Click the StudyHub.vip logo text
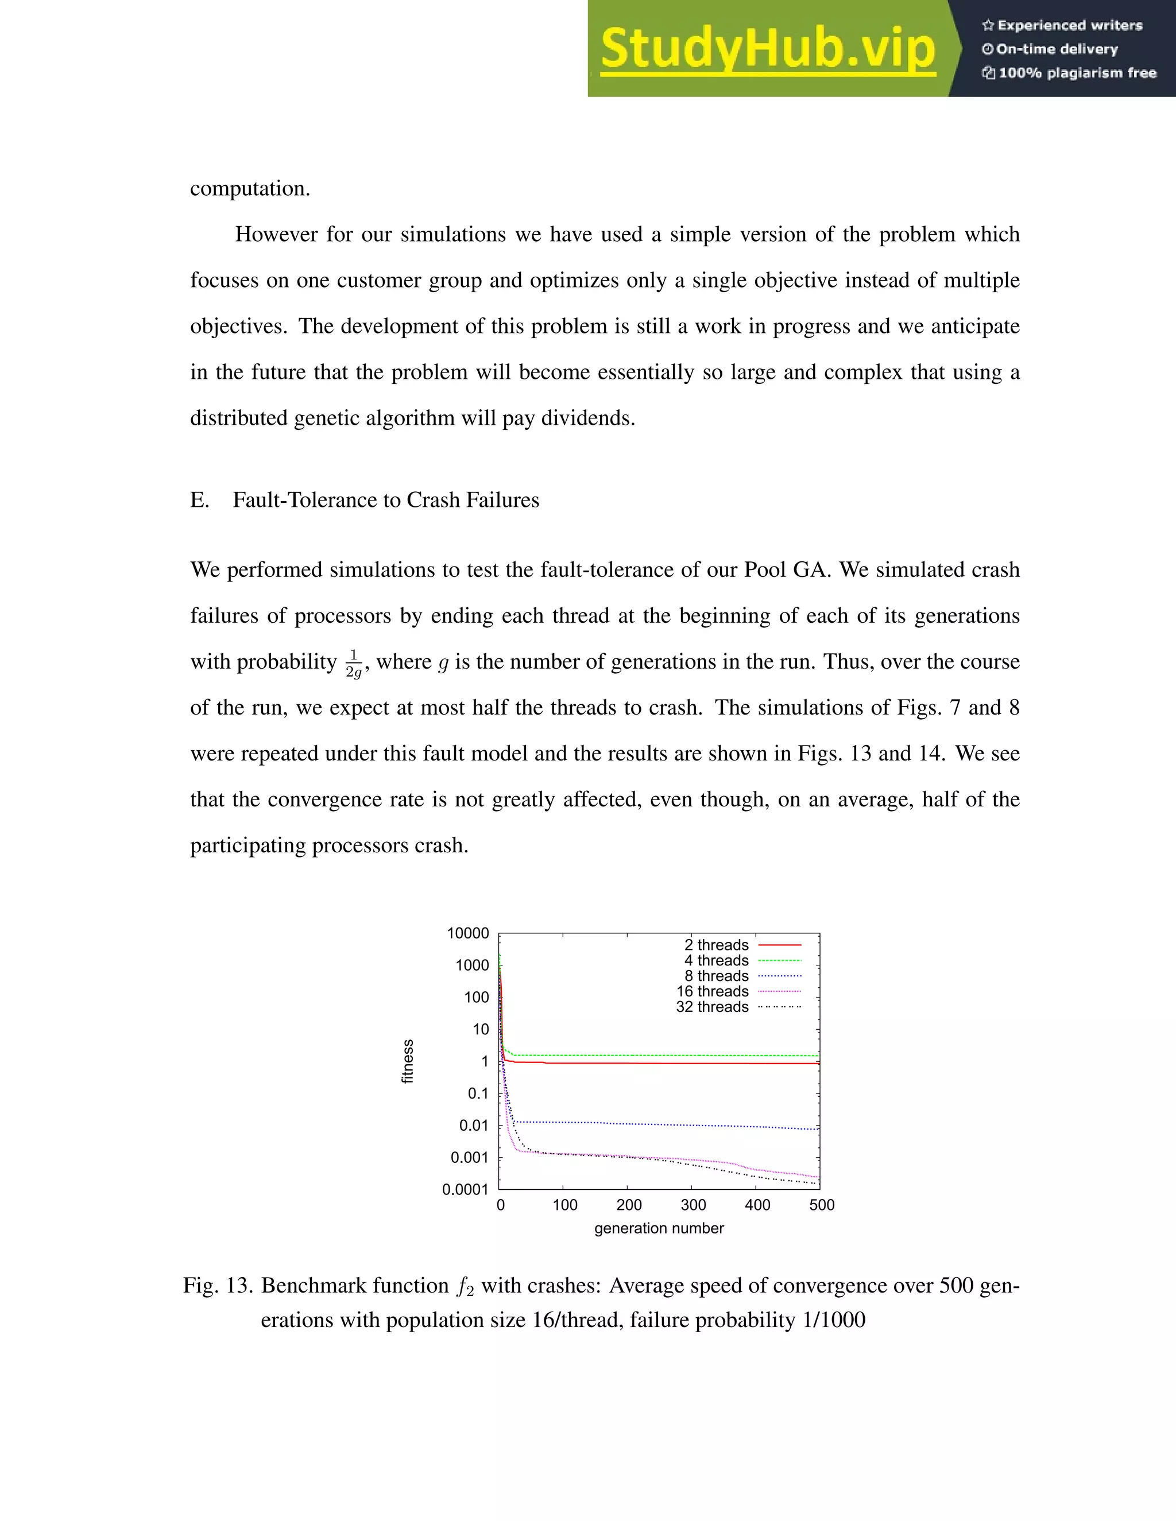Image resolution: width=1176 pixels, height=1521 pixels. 767,49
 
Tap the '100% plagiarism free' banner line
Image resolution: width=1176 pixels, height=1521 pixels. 1069,73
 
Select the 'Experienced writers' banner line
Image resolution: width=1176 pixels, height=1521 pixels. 1062,26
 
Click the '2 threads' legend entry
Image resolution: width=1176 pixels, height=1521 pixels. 716,945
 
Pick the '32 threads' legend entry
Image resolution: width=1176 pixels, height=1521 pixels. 712,1007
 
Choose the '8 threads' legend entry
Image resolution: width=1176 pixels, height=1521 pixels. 716,976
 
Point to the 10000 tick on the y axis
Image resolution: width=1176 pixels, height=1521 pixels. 467,933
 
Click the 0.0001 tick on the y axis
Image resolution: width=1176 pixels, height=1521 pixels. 465,1189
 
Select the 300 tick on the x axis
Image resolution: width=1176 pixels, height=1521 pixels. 693,1205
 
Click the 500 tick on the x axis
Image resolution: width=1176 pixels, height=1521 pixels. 821,1205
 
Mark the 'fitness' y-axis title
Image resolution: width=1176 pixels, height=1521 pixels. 408,1061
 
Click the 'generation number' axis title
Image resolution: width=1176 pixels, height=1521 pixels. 659,1228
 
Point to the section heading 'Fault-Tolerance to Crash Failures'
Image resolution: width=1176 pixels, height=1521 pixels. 385,500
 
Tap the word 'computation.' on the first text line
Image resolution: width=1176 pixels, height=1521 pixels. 250,189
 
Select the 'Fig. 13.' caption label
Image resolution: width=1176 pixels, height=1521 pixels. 218,1285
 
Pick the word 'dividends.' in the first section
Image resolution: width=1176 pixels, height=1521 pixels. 601,418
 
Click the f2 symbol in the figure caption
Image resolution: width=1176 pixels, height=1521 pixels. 465,1286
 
